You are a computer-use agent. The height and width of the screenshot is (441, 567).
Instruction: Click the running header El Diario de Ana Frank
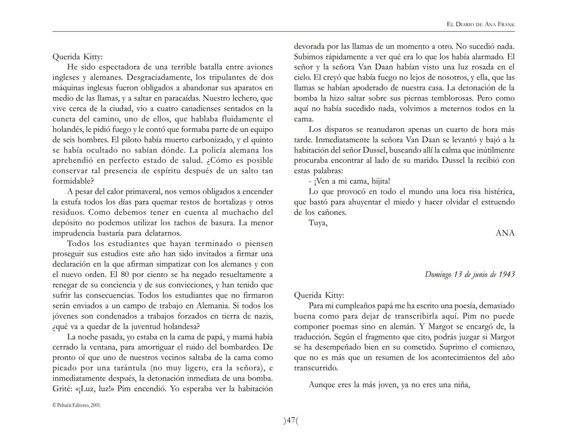tap(480, 24)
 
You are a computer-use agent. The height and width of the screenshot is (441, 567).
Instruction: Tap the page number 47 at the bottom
tap(291, 421)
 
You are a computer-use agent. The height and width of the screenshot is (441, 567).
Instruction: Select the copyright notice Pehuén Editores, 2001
tap(77, 405)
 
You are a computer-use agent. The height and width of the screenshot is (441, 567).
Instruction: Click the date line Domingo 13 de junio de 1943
tap(469, 274)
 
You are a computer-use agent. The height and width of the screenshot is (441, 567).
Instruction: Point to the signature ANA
tap(505, 233)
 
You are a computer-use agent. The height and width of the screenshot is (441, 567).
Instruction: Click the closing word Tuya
tap(318, 223)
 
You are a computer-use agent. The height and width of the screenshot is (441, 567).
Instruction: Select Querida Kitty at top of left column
tap(78, 57)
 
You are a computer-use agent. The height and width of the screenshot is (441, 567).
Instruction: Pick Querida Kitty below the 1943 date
tap(319, 295)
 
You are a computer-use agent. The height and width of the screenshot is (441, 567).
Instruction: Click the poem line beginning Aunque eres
tap(389, 385)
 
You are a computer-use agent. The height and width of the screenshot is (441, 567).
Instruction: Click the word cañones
tap(332, 212)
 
